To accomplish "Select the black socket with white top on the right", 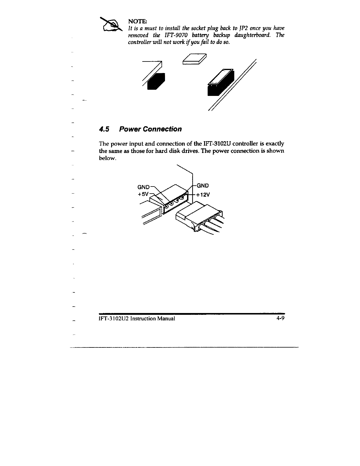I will point(220,83).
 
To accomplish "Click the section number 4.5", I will point(104,129).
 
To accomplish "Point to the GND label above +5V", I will point(144,187).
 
